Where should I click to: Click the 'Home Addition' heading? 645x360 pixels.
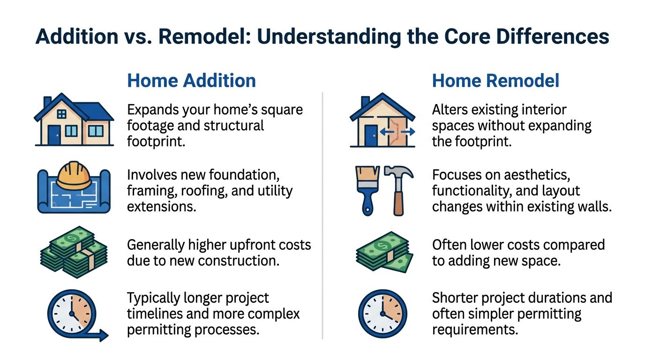(x=191, y=81)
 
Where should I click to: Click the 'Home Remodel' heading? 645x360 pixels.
(x=495, y=81)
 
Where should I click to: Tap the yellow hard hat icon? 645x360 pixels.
(x=73, y=175)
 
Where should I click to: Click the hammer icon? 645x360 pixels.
(x=398, y=190)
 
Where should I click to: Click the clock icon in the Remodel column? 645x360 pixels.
(x=382, y=313)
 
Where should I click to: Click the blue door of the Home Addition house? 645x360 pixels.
(x=54, y=135)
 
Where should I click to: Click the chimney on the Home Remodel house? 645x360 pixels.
(x=365, y=102)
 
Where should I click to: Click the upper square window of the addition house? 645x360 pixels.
(x=61, y=113)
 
